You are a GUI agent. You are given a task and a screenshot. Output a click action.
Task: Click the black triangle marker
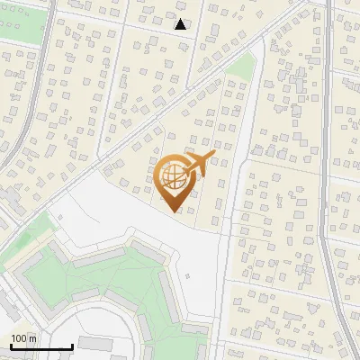click(181, 24)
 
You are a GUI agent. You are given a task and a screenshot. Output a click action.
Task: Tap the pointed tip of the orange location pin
click(174, 211)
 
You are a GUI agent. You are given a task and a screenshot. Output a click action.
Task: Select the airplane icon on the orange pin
click(200, 163)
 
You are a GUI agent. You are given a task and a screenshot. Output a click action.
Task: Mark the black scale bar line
click(41, 347)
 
